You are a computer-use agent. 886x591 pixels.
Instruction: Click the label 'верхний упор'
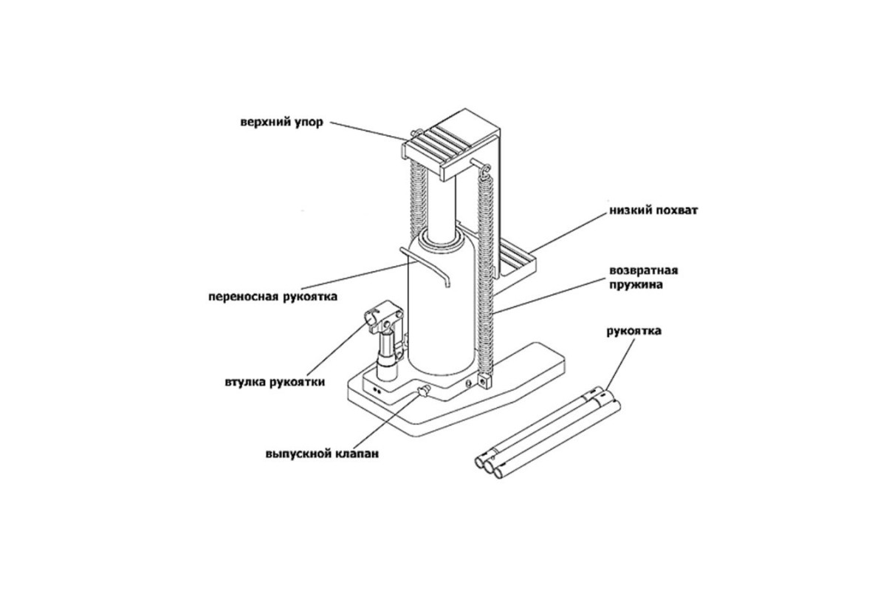tap(281, 122)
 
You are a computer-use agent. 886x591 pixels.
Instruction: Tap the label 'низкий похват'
tap(653, 211)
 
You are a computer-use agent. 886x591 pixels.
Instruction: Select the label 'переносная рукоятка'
tap(273, 296)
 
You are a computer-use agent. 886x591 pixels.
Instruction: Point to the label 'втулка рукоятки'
tap(275, 383)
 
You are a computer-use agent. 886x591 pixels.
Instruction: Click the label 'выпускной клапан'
tap(322, 454)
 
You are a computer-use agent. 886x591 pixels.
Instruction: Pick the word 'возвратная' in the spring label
tap(644, 271)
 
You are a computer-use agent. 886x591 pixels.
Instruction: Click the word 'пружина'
tap(636, 285)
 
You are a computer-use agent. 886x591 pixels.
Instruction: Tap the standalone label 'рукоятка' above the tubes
tap(633, 331)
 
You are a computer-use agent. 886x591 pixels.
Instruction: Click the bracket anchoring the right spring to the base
tap(485, 380)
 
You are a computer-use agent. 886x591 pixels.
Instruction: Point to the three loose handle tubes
tap(548, 433)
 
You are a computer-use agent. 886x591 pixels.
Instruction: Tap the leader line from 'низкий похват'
tap(570, 230)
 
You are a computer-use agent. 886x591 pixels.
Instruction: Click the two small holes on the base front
tap(377, 390)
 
